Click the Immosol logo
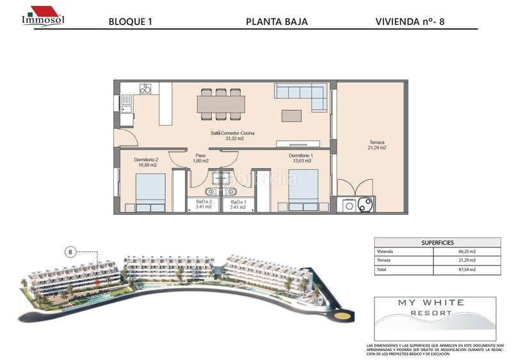(43, 15)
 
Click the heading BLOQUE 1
(131, 22)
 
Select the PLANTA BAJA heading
(276, 22)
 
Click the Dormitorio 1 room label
(300, 158)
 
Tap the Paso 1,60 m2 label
(200, 158)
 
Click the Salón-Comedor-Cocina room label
(227, 136)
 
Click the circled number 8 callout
(70, 252)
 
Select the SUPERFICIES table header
(437, 243)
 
